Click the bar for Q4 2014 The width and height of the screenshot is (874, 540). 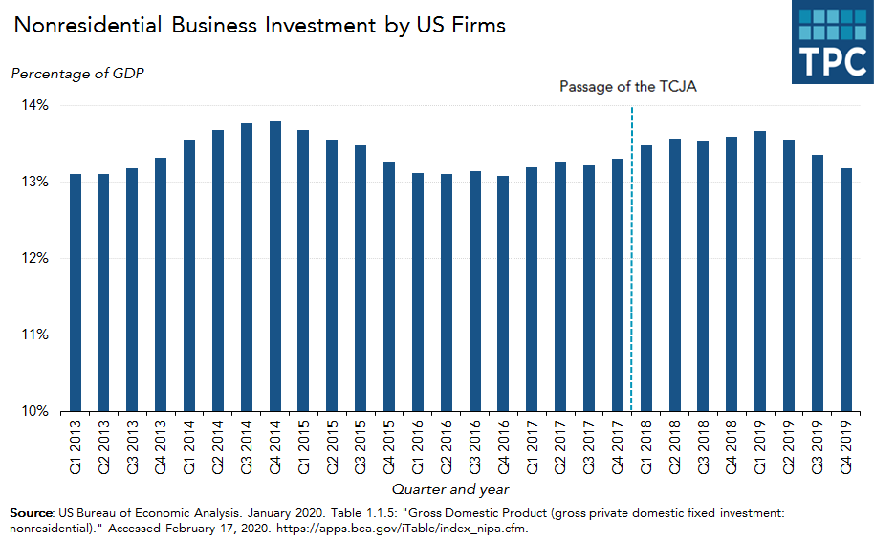(x=274, y=267)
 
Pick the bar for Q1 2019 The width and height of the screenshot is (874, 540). (x=760, y=271)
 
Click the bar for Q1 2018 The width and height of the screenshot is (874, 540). (x=645, y=278)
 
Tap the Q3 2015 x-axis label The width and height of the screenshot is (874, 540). (x=361, y=445)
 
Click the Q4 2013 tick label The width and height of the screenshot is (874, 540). (x=161, y=445)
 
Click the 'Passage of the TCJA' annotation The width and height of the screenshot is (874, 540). (x=628, y=87)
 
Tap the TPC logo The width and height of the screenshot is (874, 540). (x=831, y=43)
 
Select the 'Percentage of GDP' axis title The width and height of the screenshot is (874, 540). (x=77, y=74)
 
